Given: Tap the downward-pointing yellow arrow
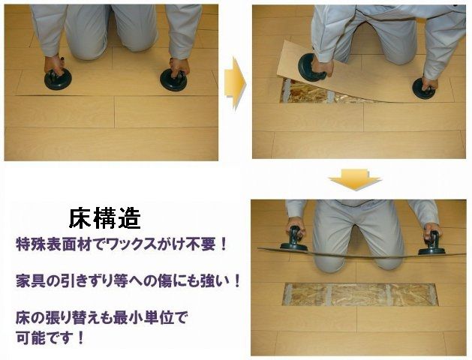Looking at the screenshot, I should tap(355, 181).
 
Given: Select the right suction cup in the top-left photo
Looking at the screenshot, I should tap(174, 79).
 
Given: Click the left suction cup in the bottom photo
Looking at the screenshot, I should tap(293, 241).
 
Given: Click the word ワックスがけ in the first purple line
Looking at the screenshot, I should tap(146, 244).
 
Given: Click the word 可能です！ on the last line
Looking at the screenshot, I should tap(50, 336).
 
